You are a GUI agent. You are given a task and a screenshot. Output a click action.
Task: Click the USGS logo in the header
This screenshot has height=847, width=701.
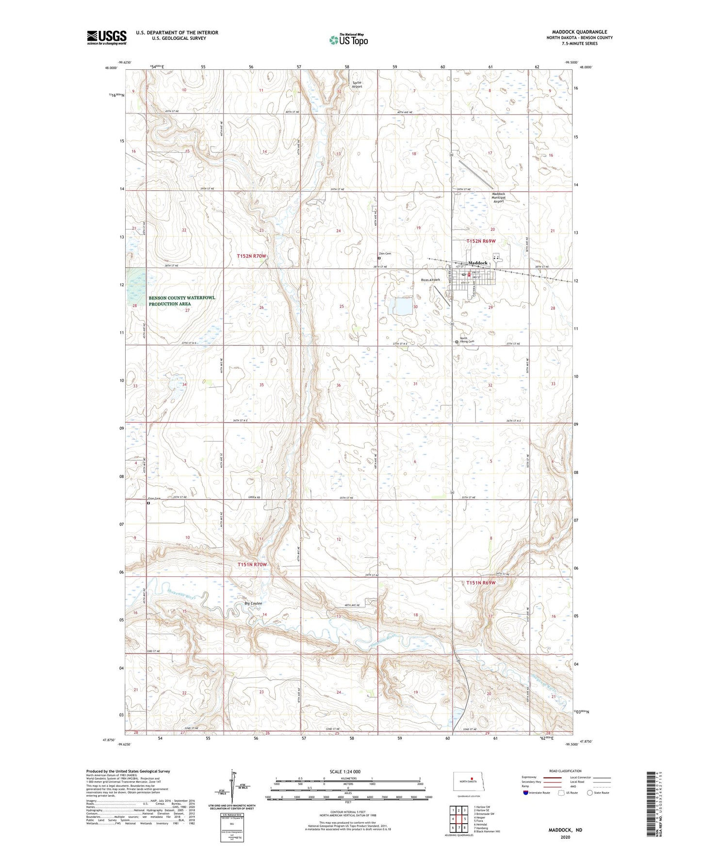pyautogui.click(x=107, y=37)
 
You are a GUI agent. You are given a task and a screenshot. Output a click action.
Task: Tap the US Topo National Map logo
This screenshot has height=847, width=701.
pyautogui.click(x=348, y=39)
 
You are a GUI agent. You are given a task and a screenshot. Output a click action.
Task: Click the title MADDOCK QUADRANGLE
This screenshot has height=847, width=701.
pyautogui.click(x=579, y=32)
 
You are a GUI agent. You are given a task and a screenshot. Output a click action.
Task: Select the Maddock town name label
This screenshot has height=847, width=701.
pyautogui.click(x=478, y=263)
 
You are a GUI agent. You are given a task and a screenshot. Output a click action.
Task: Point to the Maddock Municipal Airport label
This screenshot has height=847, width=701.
pyautogui.click(x=499, y=197)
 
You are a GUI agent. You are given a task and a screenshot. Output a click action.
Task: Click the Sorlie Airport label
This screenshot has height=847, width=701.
pyautogui.click(x=357, y=84)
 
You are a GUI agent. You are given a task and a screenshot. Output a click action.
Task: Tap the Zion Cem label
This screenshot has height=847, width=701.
pyautogui.click(x=385, y=254)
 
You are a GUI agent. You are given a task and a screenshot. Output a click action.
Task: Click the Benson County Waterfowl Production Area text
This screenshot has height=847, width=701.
pyautogui.click(x=181, y=301)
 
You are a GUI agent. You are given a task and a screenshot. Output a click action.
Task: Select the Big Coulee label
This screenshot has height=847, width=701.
pyautogui.click(x=253, y=603)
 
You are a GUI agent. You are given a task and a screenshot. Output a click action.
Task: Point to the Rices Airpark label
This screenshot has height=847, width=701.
pyautogui.click(x=430, y=280)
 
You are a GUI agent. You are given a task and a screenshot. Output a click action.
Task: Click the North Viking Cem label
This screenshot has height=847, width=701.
pyautogui.click(x=466, y=340)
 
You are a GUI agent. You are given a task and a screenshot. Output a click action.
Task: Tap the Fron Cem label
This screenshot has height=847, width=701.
pyautogui.click(x=154, y=498)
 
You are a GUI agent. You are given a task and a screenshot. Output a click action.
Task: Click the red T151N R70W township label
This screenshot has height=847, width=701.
pyautogui.click(x=252, y=565)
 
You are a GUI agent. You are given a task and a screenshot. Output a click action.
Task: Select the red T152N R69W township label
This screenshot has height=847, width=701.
pyautogui.click(x=481, y=241)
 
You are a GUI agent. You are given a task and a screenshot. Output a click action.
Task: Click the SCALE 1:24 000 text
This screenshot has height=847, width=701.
pyautogui.click(x=345, y=772)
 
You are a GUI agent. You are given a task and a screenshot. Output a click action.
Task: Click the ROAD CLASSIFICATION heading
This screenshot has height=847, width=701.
pyautogui.click(x=565, y=771)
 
